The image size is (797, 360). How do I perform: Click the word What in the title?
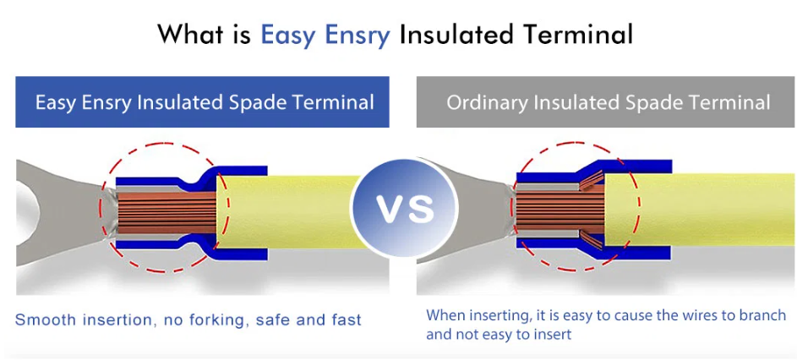204,35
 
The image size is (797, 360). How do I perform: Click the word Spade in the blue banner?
254,102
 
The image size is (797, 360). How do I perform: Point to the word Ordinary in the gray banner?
488,102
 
